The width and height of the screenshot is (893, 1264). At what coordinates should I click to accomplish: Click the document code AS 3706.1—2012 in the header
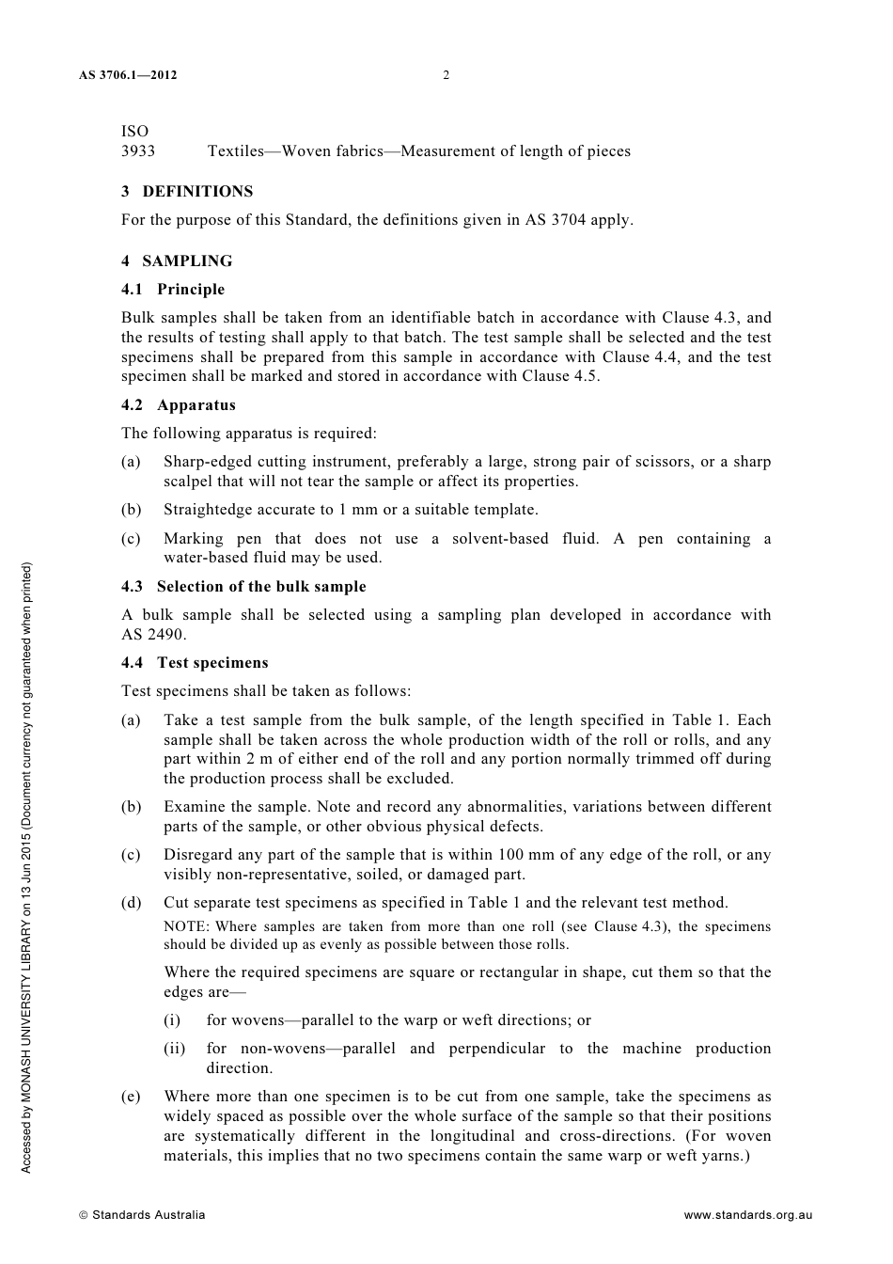[x=128, y=75]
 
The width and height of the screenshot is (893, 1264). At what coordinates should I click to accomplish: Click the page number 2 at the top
[x=446, y=75]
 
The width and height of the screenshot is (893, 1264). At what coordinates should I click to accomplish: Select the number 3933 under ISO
[x=138, y=151]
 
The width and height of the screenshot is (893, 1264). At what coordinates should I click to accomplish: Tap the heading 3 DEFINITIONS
[x=187, y=192]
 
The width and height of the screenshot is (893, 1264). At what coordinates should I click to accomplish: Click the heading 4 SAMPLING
[x=177, y=261]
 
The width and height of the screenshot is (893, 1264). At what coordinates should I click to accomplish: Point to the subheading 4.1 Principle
[x=173, y=290]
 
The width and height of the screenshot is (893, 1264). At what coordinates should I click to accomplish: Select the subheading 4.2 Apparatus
[x=179, y=405]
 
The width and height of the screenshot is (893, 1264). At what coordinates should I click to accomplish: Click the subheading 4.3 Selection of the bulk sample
[x=243, y=587]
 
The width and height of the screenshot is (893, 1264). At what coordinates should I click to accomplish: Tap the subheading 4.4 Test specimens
[x=195, y=663]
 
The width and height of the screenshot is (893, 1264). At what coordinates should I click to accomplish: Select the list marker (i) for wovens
[x=172, y=1020]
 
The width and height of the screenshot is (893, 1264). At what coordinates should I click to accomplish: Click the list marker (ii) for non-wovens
[x=175, y=1049]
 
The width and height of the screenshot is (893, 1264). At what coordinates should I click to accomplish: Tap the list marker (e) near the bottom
[x=131, y=1097]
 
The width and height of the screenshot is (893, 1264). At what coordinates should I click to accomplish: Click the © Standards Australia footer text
[x=142, y=1215]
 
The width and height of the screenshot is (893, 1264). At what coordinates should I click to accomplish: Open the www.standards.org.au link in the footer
[x=747, y=1215]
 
